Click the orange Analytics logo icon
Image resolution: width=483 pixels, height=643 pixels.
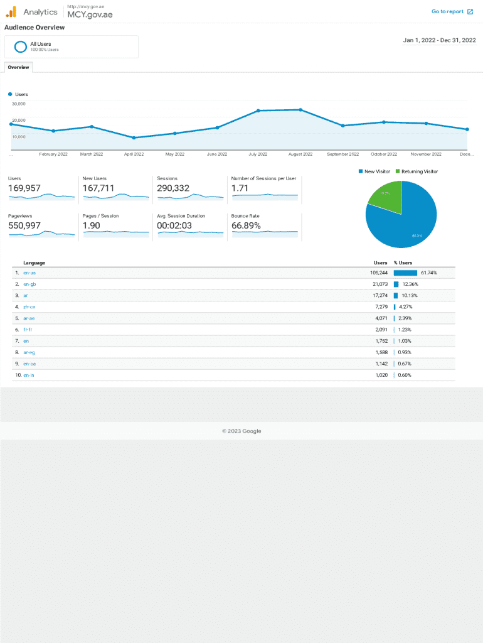(x=11, y=11)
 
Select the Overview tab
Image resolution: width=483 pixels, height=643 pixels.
(x=18, y=67)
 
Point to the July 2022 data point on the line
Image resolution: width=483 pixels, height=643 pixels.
(x=258, y=111)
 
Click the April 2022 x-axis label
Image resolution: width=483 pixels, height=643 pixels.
(x=134, y=154)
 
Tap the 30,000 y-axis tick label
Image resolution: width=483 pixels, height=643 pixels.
(x=19, y=104)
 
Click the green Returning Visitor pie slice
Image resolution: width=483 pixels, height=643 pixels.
(x=384, y=197)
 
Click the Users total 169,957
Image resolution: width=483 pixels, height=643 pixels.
(x=24, y=188)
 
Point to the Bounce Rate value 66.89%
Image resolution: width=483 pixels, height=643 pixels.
(x=246, y=225)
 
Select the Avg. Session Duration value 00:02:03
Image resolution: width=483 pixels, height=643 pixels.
(x=174, y=225)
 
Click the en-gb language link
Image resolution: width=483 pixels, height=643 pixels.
(x=29, y=284)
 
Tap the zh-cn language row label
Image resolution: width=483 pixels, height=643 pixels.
(x=29, y=307)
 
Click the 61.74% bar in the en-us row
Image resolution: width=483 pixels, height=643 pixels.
(x=405, y=273)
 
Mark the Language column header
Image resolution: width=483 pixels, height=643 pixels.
(x=34, y=262)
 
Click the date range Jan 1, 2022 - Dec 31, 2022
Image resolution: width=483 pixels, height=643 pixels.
(x=439, y=40)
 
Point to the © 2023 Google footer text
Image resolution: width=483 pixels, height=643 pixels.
(x=242, y=431)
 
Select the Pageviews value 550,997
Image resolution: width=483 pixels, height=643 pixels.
(x=24, y=225)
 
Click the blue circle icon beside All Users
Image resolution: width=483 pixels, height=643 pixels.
(x=20, y=46)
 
